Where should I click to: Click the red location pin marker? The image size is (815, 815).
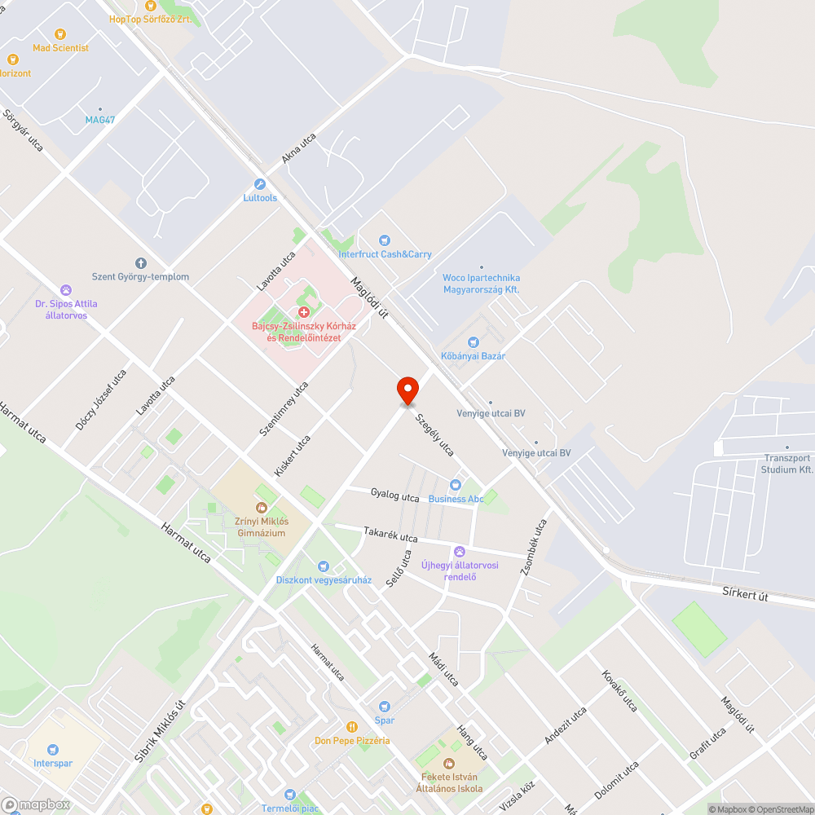pos(407,390)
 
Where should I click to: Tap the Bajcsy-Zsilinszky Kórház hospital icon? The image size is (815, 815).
pos(304,313)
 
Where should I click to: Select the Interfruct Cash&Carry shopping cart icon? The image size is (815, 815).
pos(385,240)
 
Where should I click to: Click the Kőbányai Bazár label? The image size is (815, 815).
pos(474,356)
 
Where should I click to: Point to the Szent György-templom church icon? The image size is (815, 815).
pos(140,263)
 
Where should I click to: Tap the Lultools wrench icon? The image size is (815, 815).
pos(260,184)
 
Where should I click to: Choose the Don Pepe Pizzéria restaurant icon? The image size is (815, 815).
pos(352,727)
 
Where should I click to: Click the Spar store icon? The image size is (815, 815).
pos(385,707)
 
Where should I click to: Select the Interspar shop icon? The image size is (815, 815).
pos(53,750)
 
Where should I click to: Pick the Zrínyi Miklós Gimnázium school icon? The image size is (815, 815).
pos(262,508)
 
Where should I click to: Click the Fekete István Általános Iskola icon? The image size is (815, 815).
pos(448,764)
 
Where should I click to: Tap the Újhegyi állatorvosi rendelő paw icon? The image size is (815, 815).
pos(460,552)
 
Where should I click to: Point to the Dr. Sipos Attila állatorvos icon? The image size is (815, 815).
pos(66,290)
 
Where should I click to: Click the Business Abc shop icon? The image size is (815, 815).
pos(456,485)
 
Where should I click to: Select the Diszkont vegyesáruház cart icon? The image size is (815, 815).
pos(324,566)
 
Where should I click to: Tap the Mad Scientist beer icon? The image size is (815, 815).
pos(60,34)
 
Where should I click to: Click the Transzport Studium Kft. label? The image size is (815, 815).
pos(787,464)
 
